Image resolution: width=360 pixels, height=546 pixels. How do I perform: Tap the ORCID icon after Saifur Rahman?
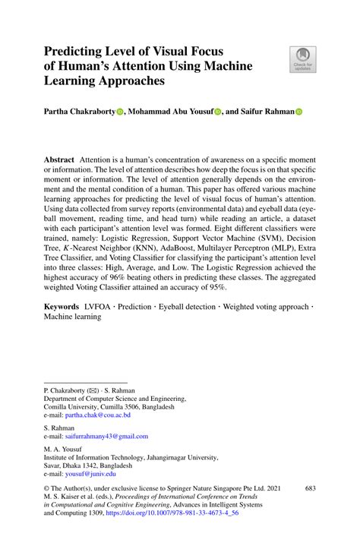pyautogui.click(x=298, y=112)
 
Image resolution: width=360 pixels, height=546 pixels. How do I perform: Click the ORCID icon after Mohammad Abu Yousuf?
pyautogui.click(x=217, y=112)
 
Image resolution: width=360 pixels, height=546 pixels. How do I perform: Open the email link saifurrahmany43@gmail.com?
pyautogui.click(x=106, y=437)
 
